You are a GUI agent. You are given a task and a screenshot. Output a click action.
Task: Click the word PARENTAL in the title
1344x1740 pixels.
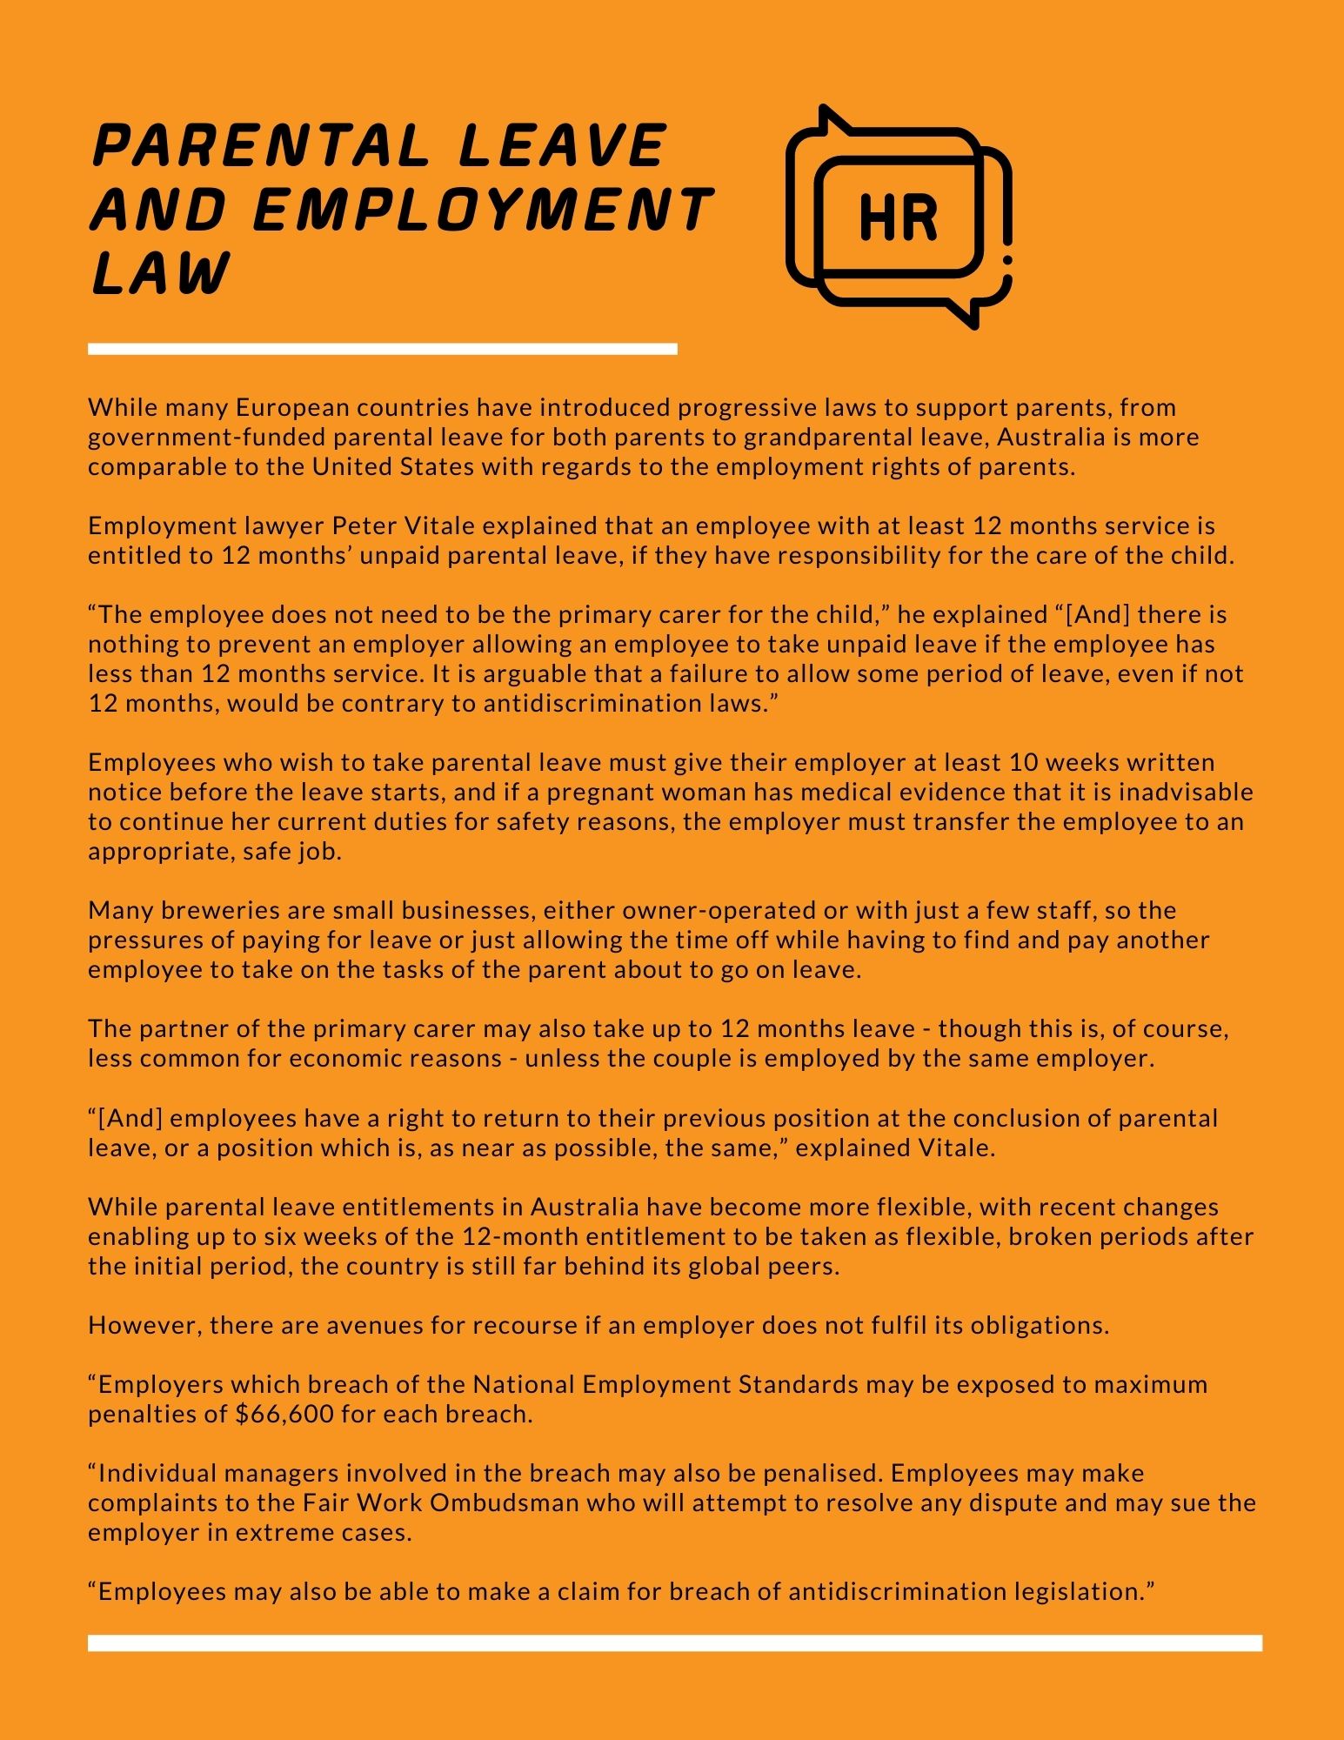coord(261,145)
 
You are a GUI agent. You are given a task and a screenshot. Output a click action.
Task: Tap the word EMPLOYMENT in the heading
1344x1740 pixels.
coord(483,210)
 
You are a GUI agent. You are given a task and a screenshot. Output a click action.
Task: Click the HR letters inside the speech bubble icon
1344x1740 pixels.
coord(898,217)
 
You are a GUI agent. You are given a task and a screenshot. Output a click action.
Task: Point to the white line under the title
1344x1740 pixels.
coord(383,349)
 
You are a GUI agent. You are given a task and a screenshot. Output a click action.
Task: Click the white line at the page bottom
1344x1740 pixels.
coord(674,1643)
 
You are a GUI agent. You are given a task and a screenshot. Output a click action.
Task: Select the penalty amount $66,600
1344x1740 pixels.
coord(284,1414)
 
